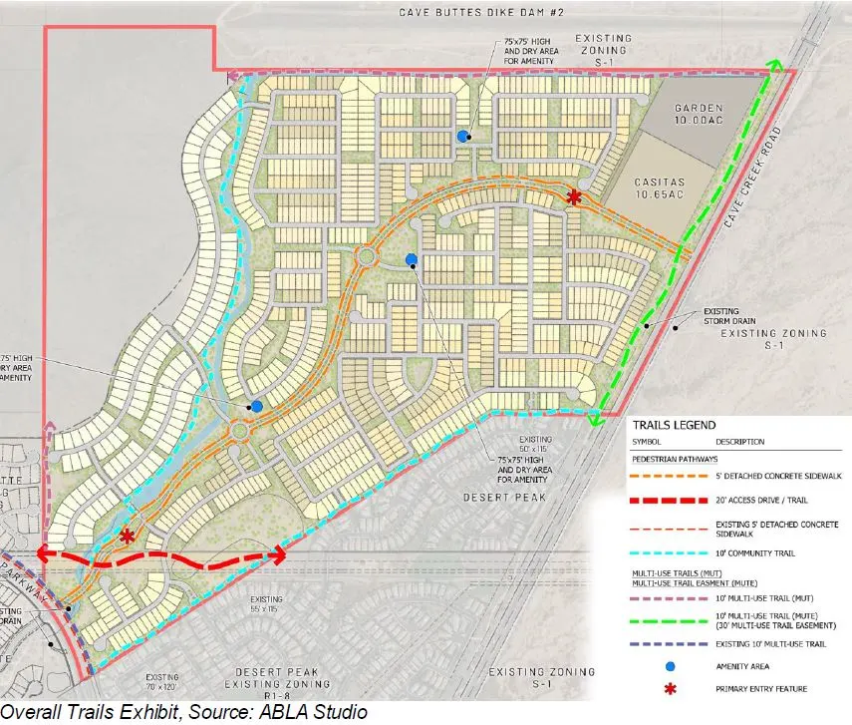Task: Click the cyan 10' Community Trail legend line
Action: [x=669, y=550]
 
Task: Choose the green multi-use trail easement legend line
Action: [x=669, y=618]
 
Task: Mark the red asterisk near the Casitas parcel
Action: [x=573, y=197]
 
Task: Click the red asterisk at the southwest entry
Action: [x=127, y=536]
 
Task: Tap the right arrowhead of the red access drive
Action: [x=280, y=554]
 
